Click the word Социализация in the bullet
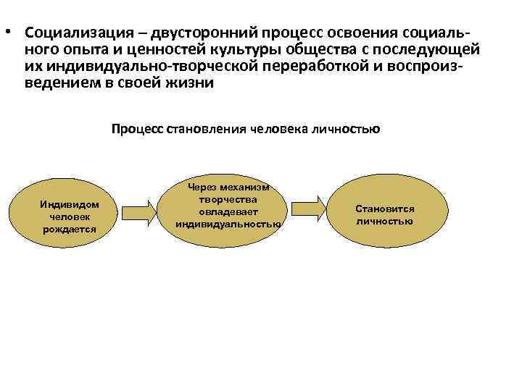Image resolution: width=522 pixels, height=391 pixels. click(79, 34)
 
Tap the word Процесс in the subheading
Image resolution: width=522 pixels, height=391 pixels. click(138, 130)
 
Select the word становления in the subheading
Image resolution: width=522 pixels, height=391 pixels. click(206, 130)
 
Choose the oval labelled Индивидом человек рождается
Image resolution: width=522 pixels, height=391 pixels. click(70, 211)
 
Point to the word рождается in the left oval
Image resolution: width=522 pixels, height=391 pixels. click(70, 229)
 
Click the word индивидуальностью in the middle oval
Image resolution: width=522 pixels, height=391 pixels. click(228, 224)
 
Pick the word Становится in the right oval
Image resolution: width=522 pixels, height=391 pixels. click(385, 209)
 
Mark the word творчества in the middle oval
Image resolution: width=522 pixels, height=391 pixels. click(228, 199)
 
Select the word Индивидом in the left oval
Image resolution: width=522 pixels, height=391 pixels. click(70, 205)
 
